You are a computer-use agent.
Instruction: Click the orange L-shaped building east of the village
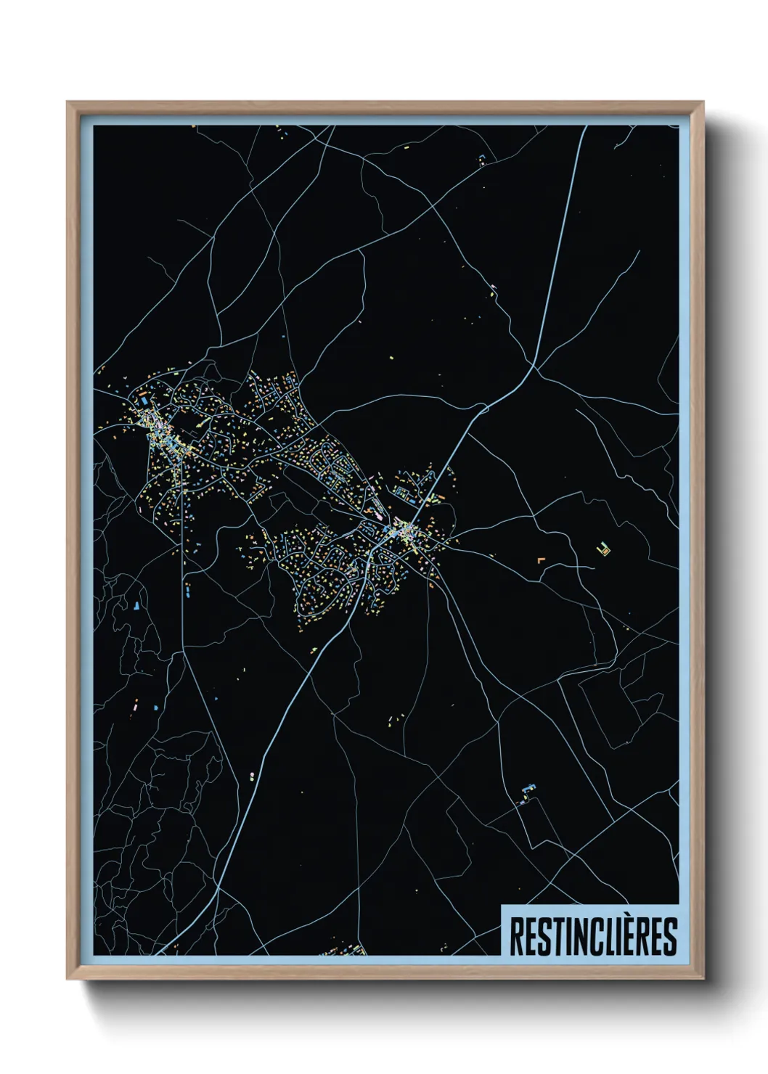[539, 559]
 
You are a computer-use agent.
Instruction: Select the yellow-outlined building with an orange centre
[603, 549]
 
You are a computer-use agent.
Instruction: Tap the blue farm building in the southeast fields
[528, 789]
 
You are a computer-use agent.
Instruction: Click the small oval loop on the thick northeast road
[485, 409]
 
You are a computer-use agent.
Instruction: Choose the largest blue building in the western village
[144, 399]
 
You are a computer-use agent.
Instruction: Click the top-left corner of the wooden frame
[68, 103]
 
